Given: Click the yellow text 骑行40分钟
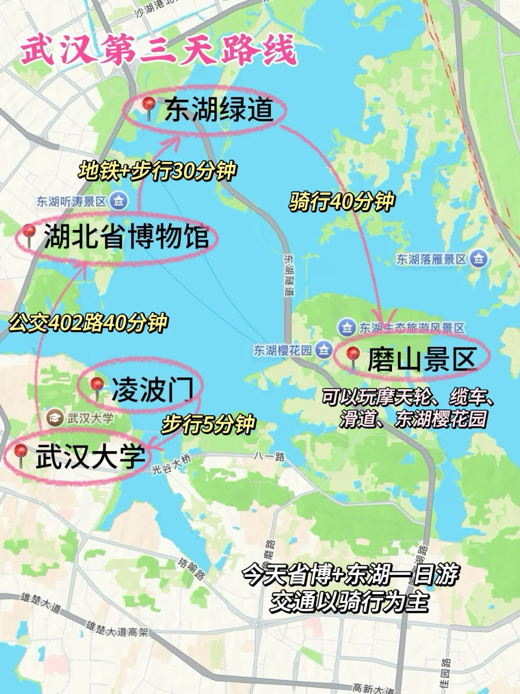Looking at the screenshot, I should [342, 201].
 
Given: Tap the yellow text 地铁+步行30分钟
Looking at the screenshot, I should [157, 171].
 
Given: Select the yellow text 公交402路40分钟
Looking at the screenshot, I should [88, 322].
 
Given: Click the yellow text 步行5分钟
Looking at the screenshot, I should [208, 424].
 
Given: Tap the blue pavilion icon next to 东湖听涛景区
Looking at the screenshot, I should [118, 200].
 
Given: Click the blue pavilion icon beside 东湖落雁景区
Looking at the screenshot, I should [479, 259].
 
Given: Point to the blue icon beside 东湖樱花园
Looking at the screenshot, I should [324, 349].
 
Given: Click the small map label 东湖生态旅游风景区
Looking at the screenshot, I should [412, 328].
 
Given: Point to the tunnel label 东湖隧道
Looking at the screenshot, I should [288, 275].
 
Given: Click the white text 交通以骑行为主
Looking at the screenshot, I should [349, 602].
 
